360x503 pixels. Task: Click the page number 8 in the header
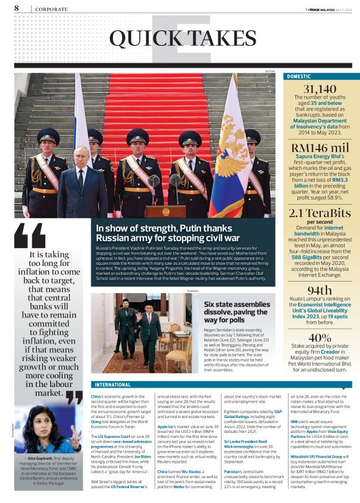16,8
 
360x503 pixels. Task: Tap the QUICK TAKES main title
175,38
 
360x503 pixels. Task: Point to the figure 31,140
320,90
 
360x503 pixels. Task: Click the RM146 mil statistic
320,148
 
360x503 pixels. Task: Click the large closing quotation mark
73,397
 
